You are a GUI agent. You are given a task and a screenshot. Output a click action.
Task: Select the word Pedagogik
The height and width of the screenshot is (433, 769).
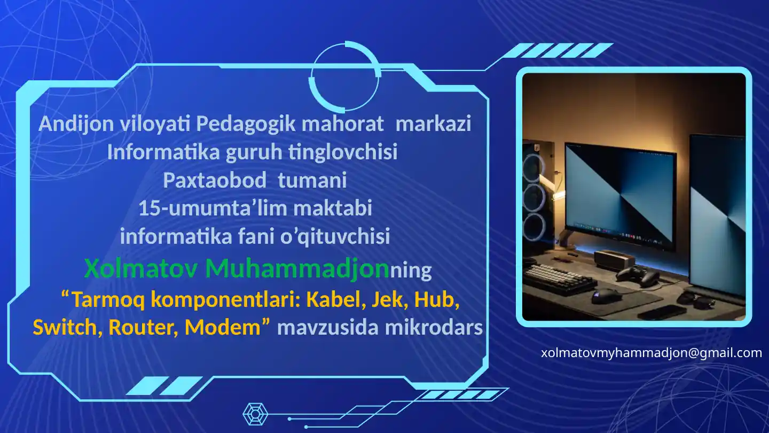point(246,124)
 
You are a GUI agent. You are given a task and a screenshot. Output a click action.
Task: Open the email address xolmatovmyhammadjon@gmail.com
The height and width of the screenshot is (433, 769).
point(651,353)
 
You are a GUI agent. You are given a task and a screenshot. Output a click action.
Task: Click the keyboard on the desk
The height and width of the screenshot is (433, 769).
point(552,278)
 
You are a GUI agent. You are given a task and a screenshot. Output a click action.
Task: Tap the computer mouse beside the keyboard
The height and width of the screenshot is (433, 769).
point(606,295)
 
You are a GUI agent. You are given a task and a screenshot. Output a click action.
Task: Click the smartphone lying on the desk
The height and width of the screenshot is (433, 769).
point(662,312)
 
